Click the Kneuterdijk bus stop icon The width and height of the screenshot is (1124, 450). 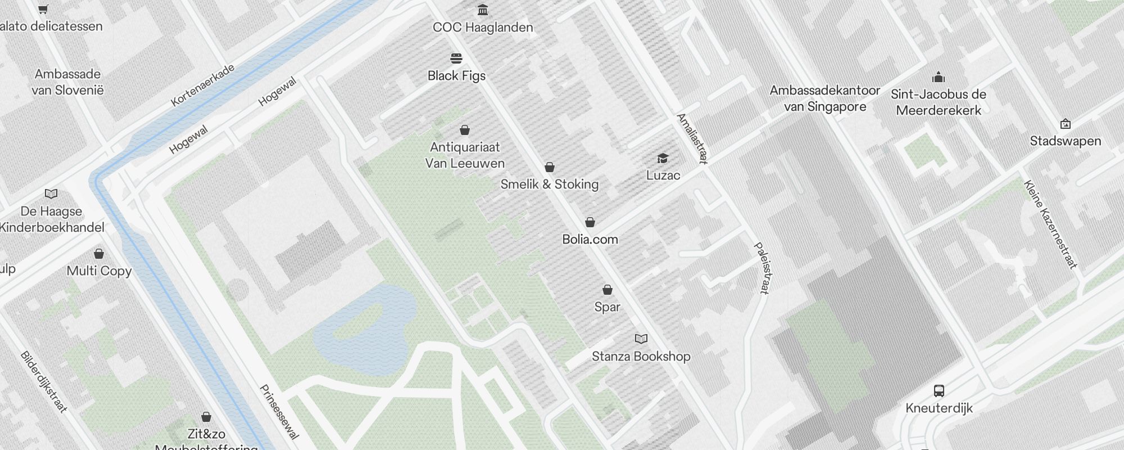pos(939,390)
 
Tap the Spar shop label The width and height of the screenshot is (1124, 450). pos(607,307)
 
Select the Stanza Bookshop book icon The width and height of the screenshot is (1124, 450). pos(641,339)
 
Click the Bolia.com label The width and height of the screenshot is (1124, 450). pos(590,240)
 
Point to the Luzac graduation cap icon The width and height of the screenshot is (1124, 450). pos(663,158)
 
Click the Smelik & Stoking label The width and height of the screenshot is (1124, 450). pos(549,184)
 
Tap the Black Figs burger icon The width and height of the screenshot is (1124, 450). pos(456,58)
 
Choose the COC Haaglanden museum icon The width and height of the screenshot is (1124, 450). pos(482,10)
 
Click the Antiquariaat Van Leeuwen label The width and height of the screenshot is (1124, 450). pos(465,155)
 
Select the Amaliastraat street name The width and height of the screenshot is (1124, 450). pos(691,138)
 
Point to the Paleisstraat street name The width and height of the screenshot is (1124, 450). pos(762,268)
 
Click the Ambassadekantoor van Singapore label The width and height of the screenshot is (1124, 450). pos(824,98)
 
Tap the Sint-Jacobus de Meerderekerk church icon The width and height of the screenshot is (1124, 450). pos(938,77)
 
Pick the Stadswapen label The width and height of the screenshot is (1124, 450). pos(1065,141)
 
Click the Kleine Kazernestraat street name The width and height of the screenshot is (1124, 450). pos(1050,224)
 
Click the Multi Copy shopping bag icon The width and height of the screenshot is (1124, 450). pos(99,254)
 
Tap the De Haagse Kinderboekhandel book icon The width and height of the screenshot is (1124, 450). pos(51,194)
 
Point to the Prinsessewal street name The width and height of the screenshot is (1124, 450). pos(279,412)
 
